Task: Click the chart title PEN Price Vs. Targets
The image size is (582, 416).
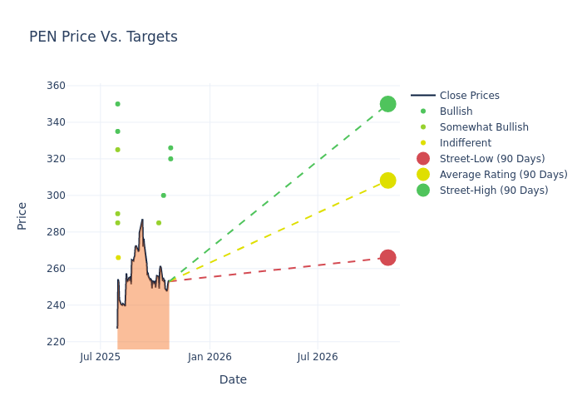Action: (x=103, y=37)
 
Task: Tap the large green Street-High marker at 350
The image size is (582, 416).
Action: (x=387, y=104)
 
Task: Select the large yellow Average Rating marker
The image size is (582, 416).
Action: (x=387, y=181)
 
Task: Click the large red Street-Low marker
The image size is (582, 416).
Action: (x=387, y=258)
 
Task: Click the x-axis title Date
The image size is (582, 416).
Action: (x=233, y=379)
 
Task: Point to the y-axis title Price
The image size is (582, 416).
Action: (x=22, y=215)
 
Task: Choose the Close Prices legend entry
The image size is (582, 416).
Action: (x=469, y=96)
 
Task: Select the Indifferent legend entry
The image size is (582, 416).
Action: (x=465, y=143)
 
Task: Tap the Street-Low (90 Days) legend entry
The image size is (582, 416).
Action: (x=492, y=159)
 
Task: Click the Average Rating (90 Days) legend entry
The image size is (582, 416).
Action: (x=503, y=175)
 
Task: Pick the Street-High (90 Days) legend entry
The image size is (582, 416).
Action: (x=494, y=191)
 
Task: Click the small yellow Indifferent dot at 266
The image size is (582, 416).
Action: (x=118, y=258)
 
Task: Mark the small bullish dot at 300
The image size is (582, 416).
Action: (x=163, y=196)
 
